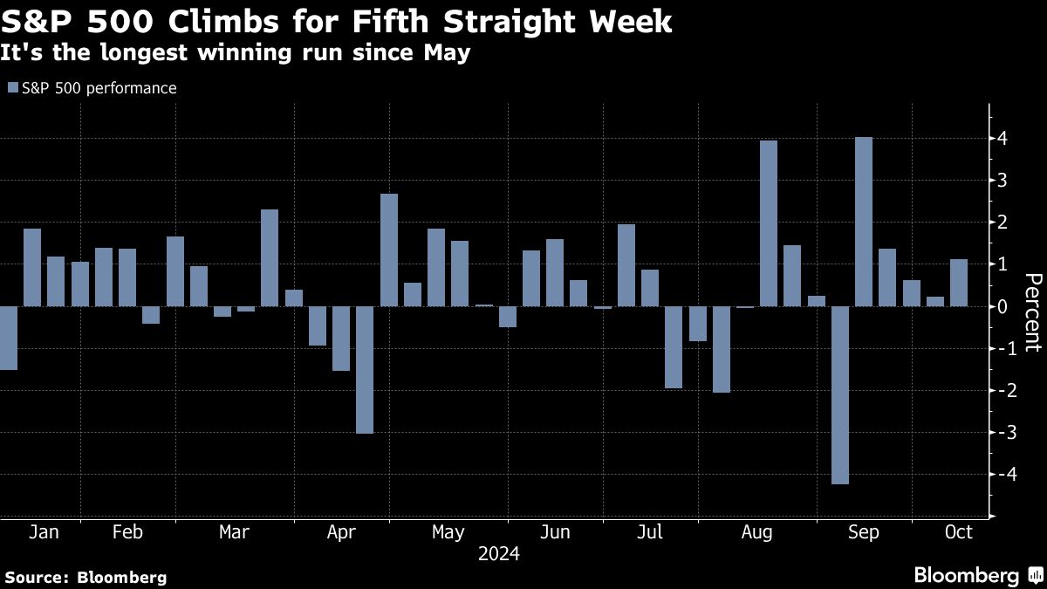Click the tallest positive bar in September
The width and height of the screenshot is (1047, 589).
[x=864, y=222]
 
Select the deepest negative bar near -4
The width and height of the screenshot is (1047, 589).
[x=840, y=394]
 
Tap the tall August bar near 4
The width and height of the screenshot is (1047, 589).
[x=769, y=223]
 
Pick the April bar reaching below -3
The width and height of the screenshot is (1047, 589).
[x=365, y=369]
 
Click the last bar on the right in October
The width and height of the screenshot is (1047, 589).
[x=959, y=283]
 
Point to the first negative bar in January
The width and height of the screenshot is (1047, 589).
[x=8, y=338]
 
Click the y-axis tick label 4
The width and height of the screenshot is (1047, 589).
[x=1003, y=139]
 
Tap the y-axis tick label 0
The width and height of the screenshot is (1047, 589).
[x=1003, y=306]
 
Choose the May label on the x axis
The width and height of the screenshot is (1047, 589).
[x=448, y=532]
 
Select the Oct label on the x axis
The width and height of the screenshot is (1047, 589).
[x=959, y=532]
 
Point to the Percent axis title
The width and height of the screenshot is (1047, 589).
[x=1032, y=312]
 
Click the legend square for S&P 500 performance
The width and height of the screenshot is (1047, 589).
[x=12, y=88]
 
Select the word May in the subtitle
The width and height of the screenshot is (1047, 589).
[x=447, y=53]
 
